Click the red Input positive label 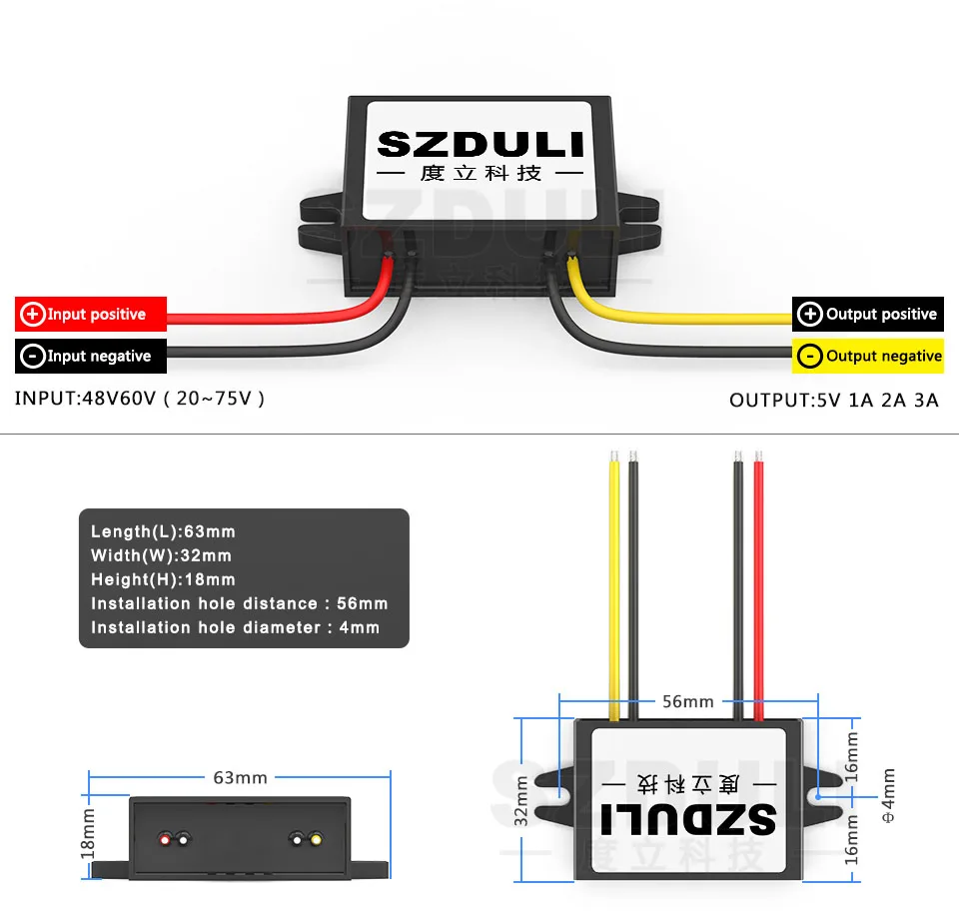tap(90, 315)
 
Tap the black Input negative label tap(90, 357)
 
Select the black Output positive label tap(867, 315)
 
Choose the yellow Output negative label tap(867, 357)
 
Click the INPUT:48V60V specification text tap(140, 399)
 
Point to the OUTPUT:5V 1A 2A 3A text tap(834, 401)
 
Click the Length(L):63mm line tap(163, 531)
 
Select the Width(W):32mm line tap(161, 555)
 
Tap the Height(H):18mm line tap(163, 579)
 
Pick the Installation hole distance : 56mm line tap(239, 603)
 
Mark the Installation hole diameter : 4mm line tap(235, 627)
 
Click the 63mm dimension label tap(240, 777)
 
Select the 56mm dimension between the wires tap(688, 701)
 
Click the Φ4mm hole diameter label tap(888, 796)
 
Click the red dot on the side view tap(164, 839)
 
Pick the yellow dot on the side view tap(316, 839)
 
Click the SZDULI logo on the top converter tap(479, 145)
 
